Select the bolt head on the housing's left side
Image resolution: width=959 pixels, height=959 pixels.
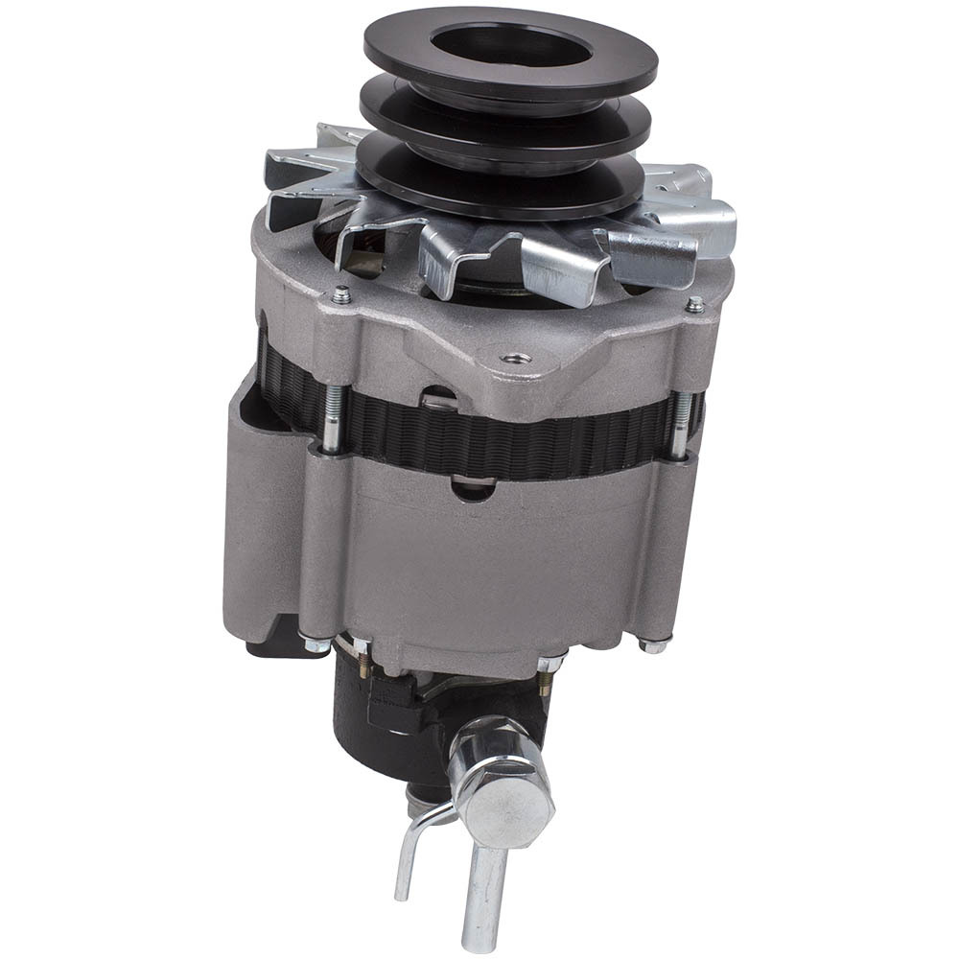point(341,297)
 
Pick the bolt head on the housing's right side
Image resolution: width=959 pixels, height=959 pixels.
point(695,305)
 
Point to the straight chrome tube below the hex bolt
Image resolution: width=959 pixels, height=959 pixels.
point(484,892)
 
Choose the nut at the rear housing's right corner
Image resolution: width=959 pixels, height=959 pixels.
point(655,645)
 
